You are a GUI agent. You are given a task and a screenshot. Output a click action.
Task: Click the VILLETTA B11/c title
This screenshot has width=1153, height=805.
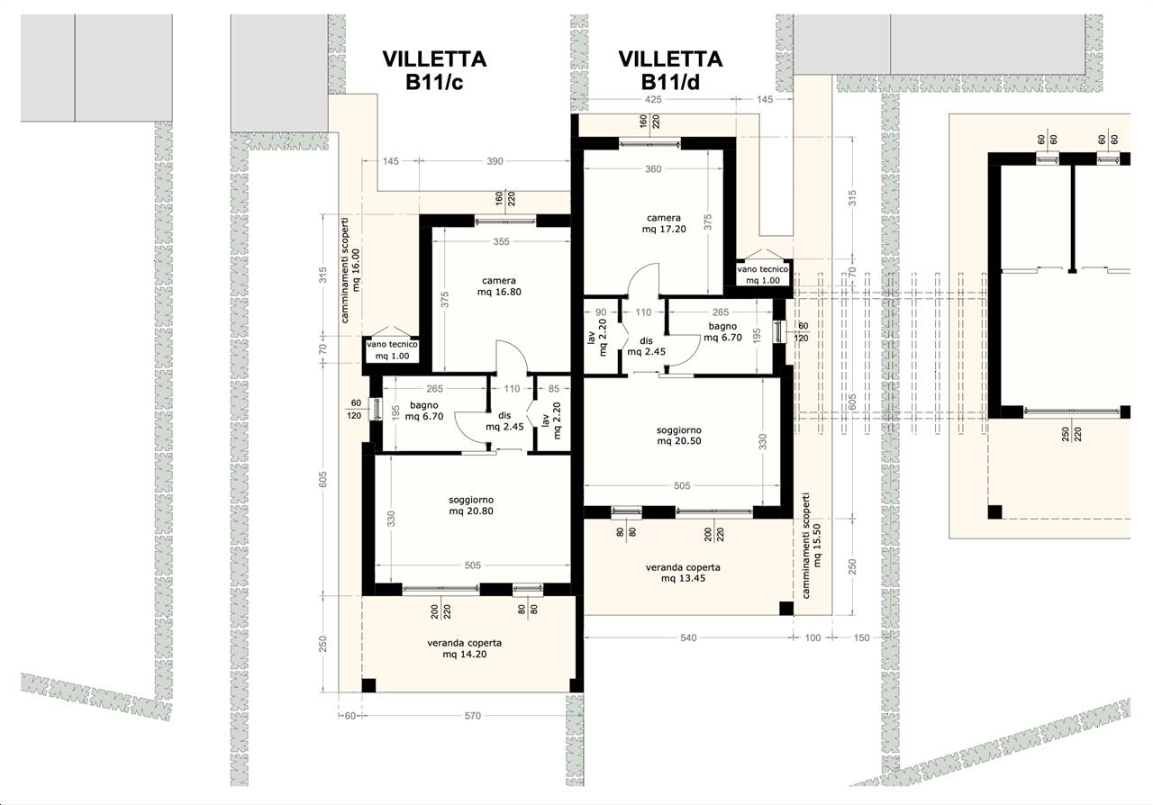tap(434, 70)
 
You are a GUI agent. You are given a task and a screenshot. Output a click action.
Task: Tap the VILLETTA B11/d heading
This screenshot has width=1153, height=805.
tap(670, 70)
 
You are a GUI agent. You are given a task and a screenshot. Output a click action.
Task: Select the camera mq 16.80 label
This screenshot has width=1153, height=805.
tap(499, 286)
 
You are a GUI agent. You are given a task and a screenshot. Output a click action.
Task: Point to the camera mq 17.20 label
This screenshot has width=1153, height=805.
tap(664, 223)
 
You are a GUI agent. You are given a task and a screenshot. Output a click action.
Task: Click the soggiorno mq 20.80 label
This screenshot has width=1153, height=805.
tap(471, 505)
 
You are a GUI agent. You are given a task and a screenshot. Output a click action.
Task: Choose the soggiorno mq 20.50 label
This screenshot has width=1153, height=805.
tap(679, 436)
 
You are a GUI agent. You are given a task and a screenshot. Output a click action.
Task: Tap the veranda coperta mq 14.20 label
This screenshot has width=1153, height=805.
tap(464, 648)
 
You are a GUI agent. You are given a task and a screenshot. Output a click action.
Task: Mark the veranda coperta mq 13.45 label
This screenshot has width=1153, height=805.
tap(683, 573)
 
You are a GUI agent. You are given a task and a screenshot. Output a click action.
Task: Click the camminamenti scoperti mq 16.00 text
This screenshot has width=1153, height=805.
tap(350, 270)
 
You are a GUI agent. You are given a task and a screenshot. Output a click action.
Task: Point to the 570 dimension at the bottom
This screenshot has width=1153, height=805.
tap(473, 716)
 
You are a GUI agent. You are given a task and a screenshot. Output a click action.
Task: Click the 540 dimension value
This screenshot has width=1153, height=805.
tap(688, 638)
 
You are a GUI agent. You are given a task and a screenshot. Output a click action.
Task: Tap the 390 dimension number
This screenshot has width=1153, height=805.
tap(495, 161)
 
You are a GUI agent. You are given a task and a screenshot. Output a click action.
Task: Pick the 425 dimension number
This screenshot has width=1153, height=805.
tap(653, 99)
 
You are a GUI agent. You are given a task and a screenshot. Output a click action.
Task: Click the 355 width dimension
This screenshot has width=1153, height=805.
tap(501, 241)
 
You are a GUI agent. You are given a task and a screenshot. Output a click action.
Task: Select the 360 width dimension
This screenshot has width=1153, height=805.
tap(653, 168)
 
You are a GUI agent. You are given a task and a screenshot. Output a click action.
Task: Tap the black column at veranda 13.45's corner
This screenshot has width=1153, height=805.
tap(786, 609)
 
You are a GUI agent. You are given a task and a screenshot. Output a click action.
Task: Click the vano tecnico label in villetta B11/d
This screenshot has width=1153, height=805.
tap(763, 275)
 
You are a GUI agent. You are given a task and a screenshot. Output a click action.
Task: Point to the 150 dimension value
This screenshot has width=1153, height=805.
tap(861, 638)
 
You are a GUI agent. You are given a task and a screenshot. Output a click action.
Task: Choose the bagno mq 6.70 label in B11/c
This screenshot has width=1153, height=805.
tap(424, 411)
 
